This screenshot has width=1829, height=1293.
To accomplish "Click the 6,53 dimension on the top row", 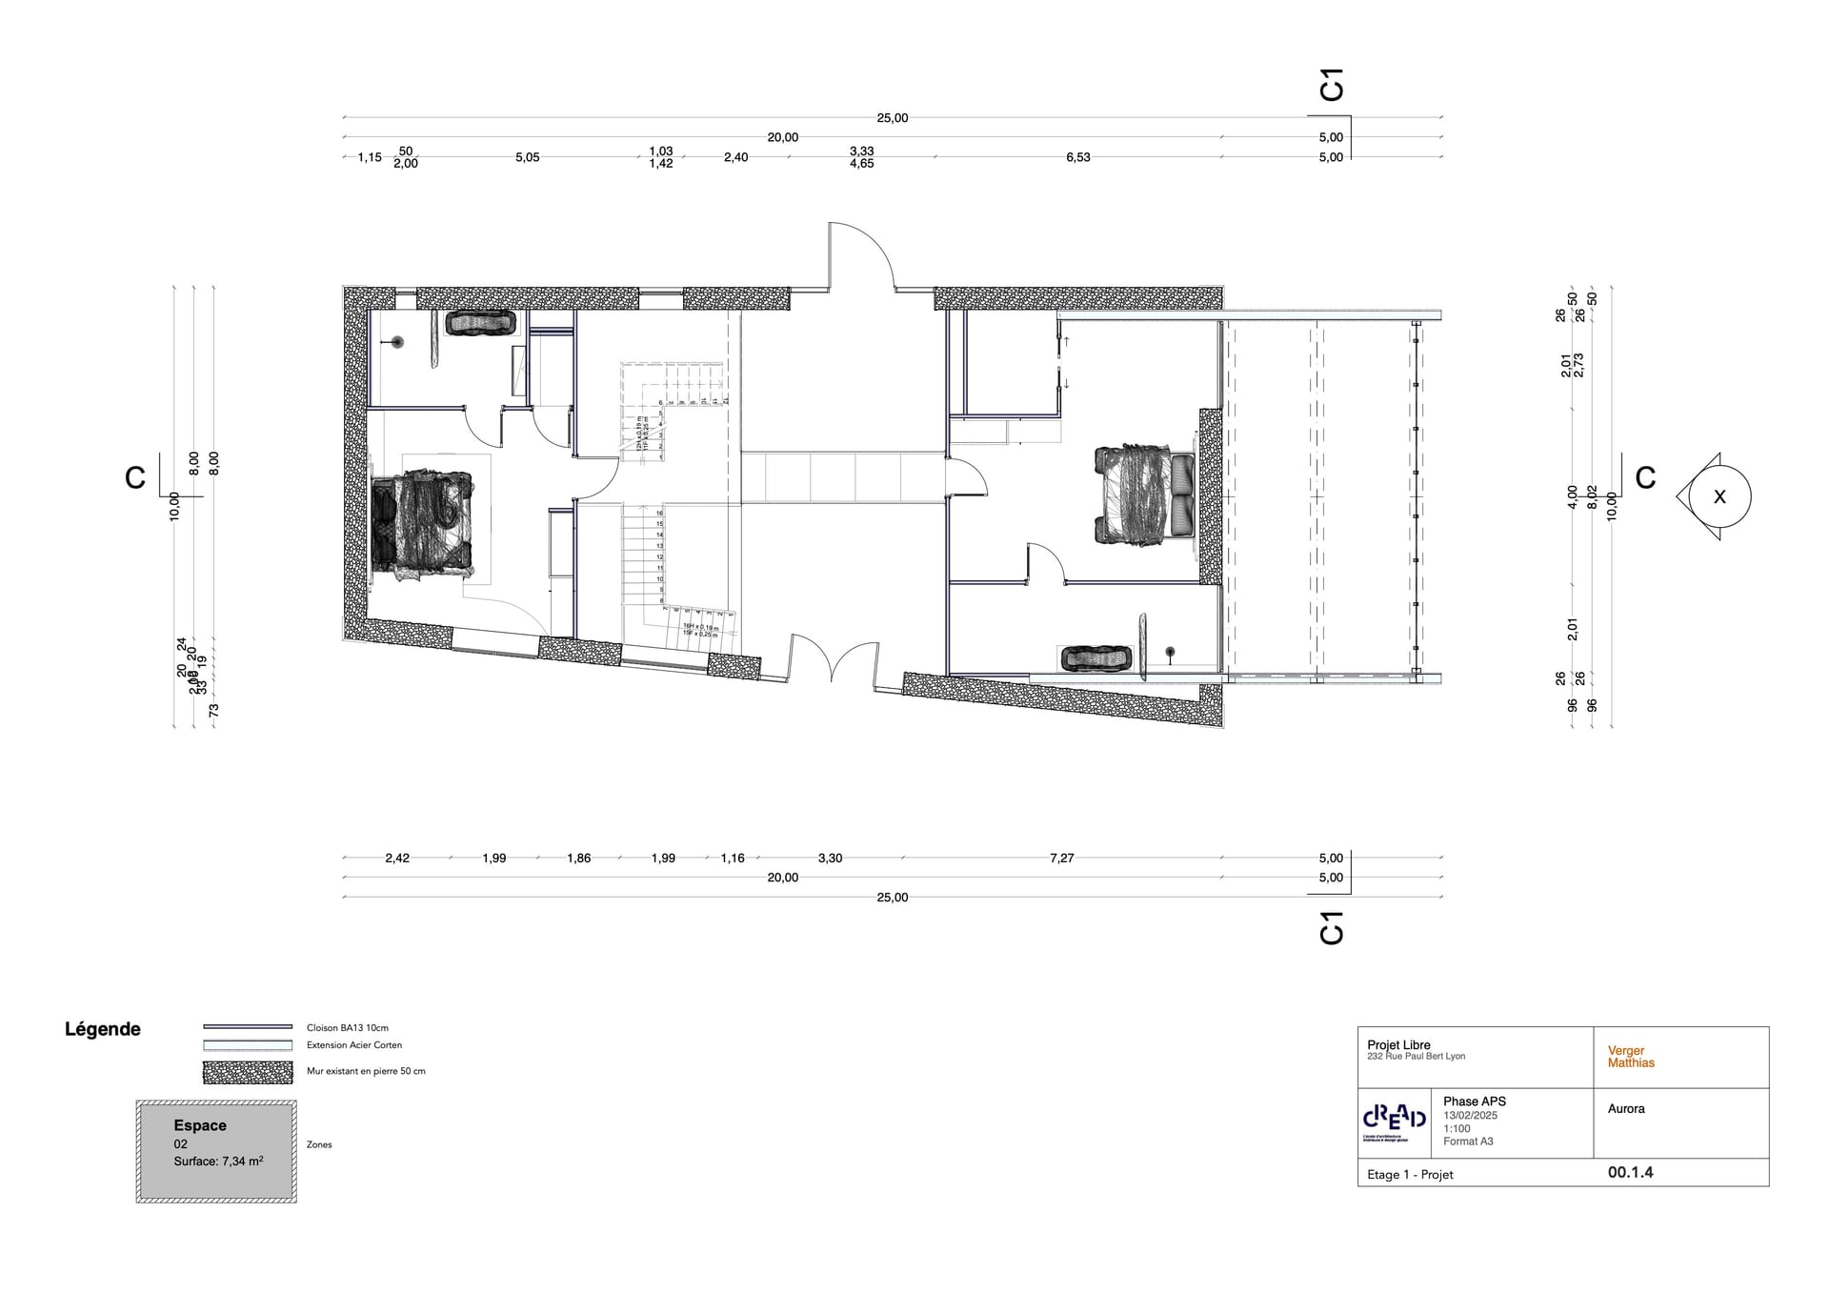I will pyautogui.click(x=1077, y=157).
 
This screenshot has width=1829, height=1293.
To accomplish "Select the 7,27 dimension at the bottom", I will pyautogui.click(x=1061, y=858).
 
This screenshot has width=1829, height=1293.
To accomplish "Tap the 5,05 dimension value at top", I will pyautogui.click(x=527, y=157).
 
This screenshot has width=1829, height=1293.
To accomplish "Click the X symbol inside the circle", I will pyautogui.click(x=1719, y=496).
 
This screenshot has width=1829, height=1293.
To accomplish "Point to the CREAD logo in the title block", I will pyautogui.click(x=1395, y=1119).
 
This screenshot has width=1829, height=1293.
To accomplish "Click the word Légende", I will pyautogui.click(x=103, y=1029).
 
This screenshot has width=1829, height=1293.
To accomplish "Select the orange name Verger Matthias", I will pyautogui.click(x=1631, y=1057).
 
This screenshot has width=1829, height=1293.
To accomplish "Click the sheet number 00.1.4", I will pyautogui.click(x=1630, y=1173).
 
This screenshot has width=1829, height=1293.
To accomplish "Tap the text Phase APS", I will pyautogui.click(x=1474, y=1101).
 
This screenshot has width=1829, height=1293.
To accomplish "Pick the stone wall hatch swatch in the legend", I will pyautogui.click(x=248, y=1072).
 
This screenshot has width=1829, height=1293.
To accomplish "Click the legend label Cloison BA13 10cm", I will pyautogui.click(x=347, y=1028).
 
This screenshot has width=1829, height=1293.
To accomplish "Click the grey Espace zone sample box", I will pyautogui.click(x=216, y=1151).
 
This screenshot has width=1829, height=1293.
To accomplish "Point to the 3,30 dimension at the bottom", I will pyautogui.click(x=830, y=858).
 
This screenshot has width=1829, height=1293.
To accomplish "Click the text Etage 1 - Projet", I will pyautogui.click(x=1410, y=1175).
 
